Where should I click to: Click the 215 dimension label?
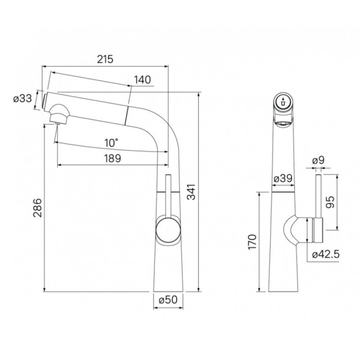[105, 59]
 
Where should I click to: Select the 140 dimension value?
[142, 80]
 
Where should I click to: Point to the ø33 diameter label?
[22, 99]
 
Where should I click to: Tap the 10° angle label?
[112, 143]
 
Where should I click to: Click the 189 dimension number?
[112, 158]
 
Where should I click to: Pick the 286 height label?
[37, 208]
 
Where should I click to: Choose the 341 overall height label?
[191, 192]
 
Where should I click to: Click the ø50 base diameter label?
[168, 299]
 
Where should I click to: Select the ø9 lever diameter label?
[319, 161]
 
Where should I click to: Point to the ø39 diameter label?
[283, 178]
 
